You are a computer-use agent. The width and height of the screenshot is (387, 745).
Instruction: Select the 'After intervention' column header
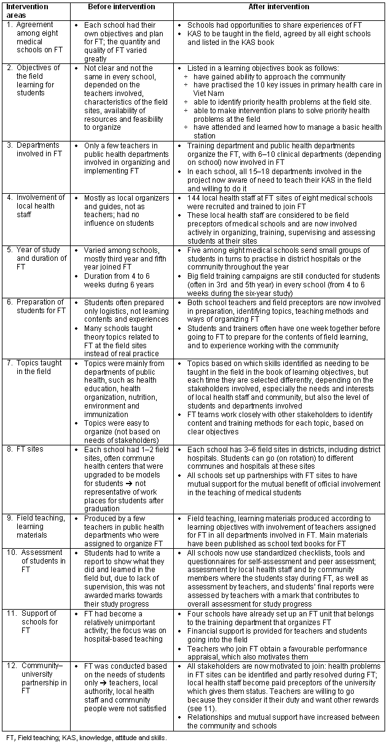click(279, 7)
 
